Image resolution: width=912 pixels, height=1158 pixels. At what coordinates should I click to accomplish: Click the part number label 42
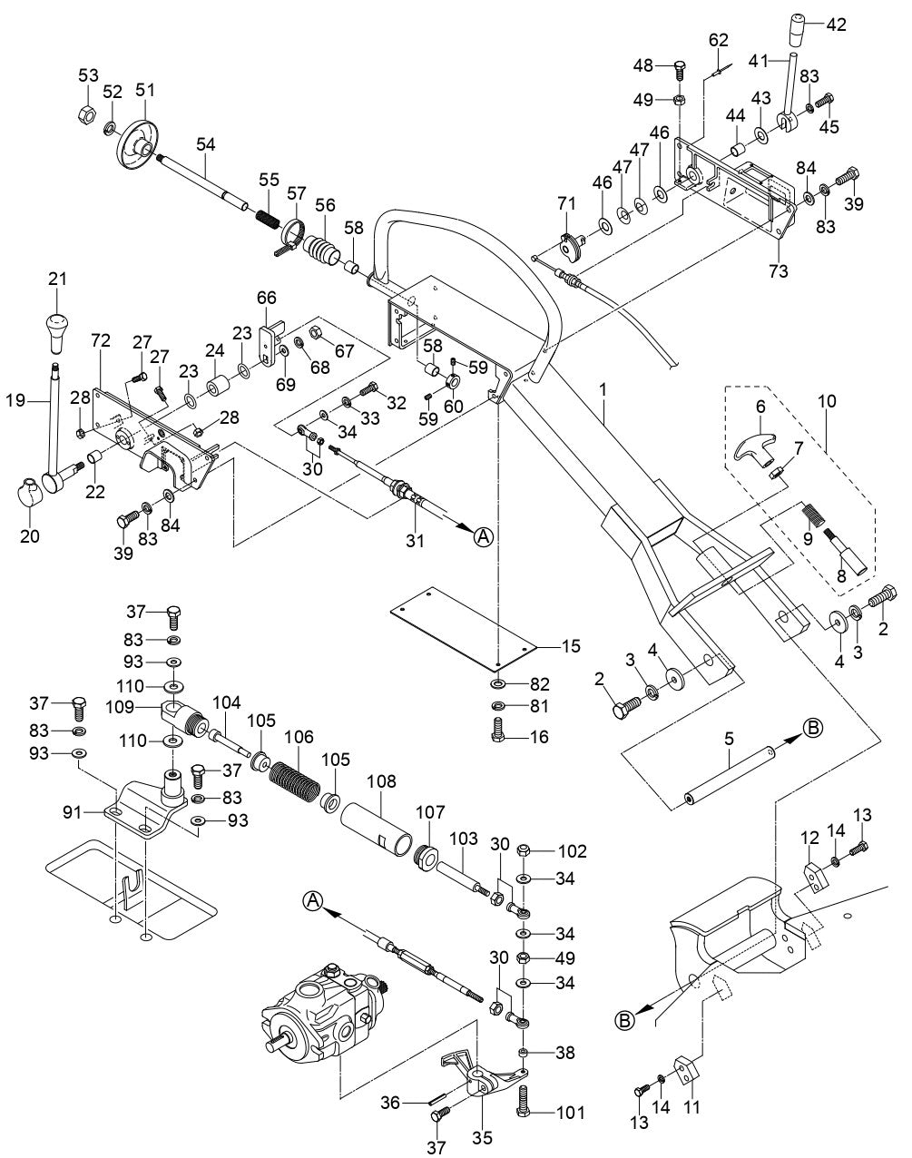point(835,25)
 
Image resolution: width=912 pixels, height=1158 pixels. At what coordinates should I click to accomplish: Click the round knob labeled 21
point(57,330)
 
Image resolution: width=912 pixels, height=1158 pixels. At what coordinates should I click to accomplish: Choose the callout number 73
point(779,270)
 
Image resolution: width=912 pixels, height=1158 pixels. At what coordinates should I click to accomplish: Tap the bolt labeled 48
point(682,70)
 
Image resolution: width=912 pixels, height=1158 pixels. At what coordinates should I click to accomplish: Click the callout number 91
point(77,813)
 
